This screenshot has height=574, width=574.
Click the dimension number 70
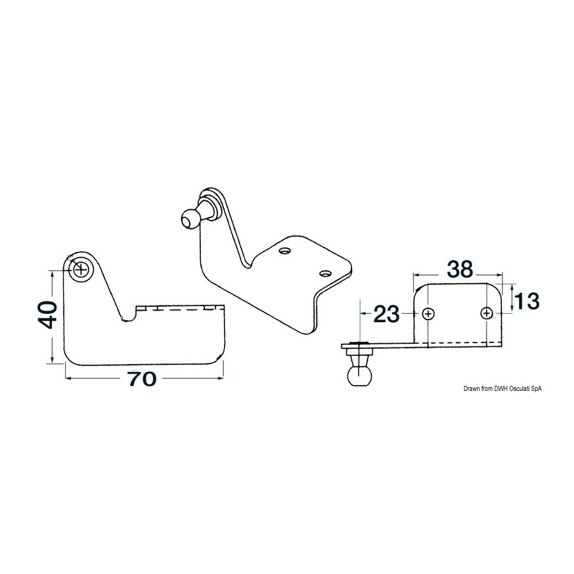point(142,379)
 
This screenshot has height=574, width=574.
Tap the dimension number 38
point(460,269)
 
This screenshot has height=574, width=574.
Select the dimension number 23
point(386,314)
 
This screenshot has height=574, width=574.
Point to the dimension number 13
point(527,301)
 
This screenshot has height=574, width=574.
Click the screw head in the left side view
point(80,270)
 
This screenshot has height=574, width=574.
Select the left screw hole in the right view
point(428,313)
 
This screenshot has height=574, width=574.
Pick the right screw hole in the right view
point(487,313)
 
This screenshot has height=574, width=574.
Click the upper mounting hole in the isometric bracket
point(284,251)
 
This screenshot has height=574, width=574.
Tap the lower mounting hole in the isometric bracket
point(325,273)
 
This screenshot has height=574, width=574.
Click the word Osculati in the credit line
point(516,389)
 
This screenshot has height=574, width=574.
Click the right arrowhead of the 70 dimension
point(221,378)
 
